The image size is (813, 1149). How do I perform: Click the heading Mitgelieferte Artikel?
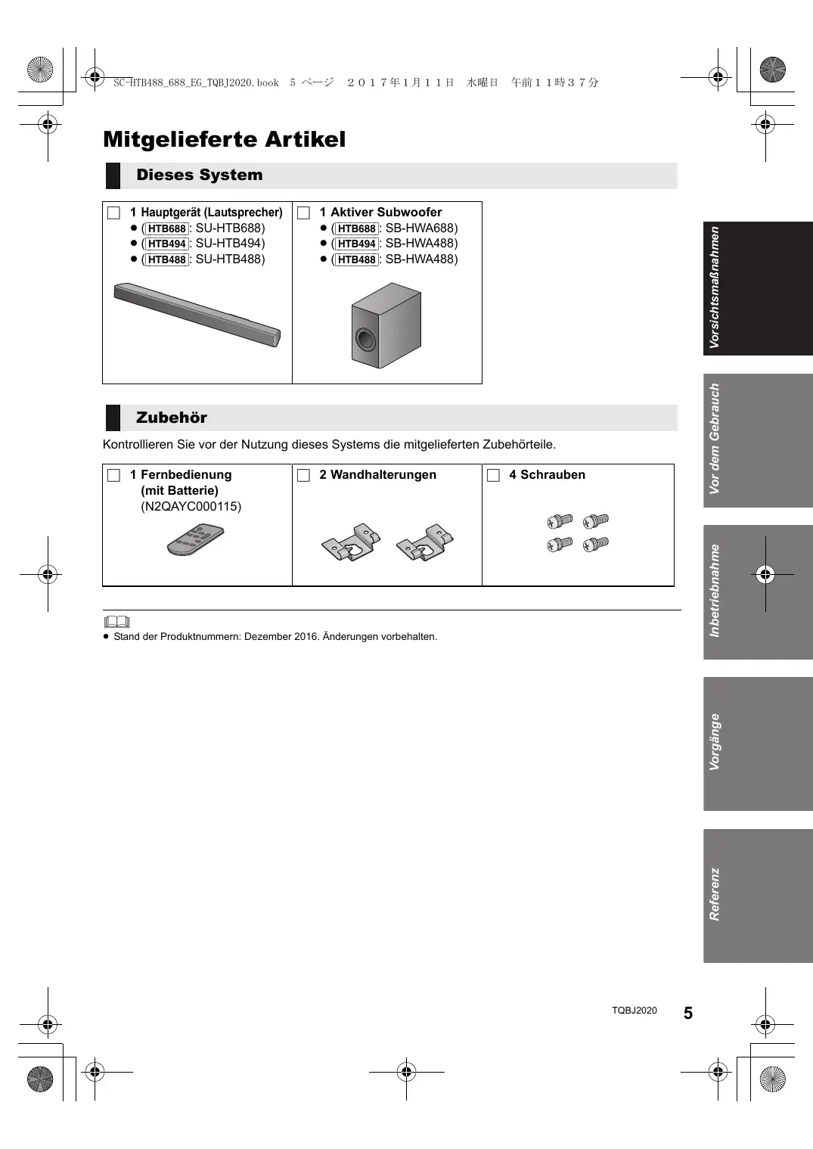click(x=224, y=140)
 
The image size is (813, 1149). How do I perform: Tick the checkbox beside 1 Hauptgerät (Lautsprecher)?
click(x=114, y=213)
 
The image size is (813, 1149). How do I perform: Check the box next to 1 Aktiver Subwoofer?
click(x=303, y=213)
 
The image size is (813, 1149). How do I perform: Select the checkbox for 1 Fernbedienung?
click(x=114, y=475)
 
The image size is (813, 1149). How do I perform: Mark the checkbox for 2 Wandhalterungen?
click(x=303, y=475)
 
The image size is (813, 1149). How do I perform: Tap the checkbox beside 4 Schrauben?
click(x=493, y=475)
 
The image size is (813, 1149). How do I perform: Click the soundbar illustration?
click(x=197, y=314)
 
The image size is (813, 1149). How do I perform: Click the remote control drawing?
click(x=196, y=539)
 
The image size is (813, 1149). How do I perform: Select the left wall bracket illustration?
click(x=351, y=542)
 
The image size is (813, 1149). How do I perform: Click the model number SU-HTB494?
click(x=230, y=244)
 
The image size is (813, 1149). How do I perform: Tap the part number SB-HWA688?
click(x=420, y=228)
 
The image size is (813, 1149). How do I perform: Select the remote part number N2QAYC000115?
click(x=191, y=507)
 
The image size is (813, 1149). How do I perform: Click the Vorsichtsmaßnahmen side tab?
click(x=758, y=288)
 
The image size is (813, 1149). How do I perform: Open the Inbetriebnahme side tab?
click(x=758, y=592)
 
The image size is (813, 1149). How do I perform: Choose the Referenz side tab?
click(x=758, y=896)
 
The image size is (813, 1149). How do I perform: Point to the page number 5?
click(x=687, y=1014)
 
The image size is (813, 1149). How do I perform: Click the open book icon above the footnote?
click(x=117, y=623)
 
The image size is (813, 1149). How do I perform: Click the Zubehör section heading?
click(x=171, y=418)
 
